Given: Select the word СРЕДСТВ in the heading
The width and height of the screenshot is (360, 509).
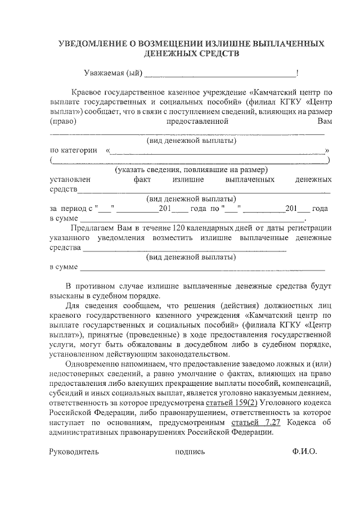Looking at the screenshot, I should pyautogui.click(x=217, y=54).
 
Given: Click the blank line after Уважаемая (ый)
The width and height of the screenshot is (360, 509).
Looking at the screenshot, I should pyautogui.click(x=219, y=74).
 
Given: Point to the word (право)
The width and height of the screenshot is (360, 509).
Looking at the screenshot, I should pyautogui.click(x=63, y=121).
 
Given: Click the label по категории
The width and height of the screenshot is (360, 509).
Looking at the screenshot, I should pyautogui.click(x=69, y=151).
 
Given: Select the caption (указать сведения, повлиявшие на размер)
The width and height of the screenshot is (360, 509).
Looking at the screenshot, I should pyautogui.click(x=191, y=169).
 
